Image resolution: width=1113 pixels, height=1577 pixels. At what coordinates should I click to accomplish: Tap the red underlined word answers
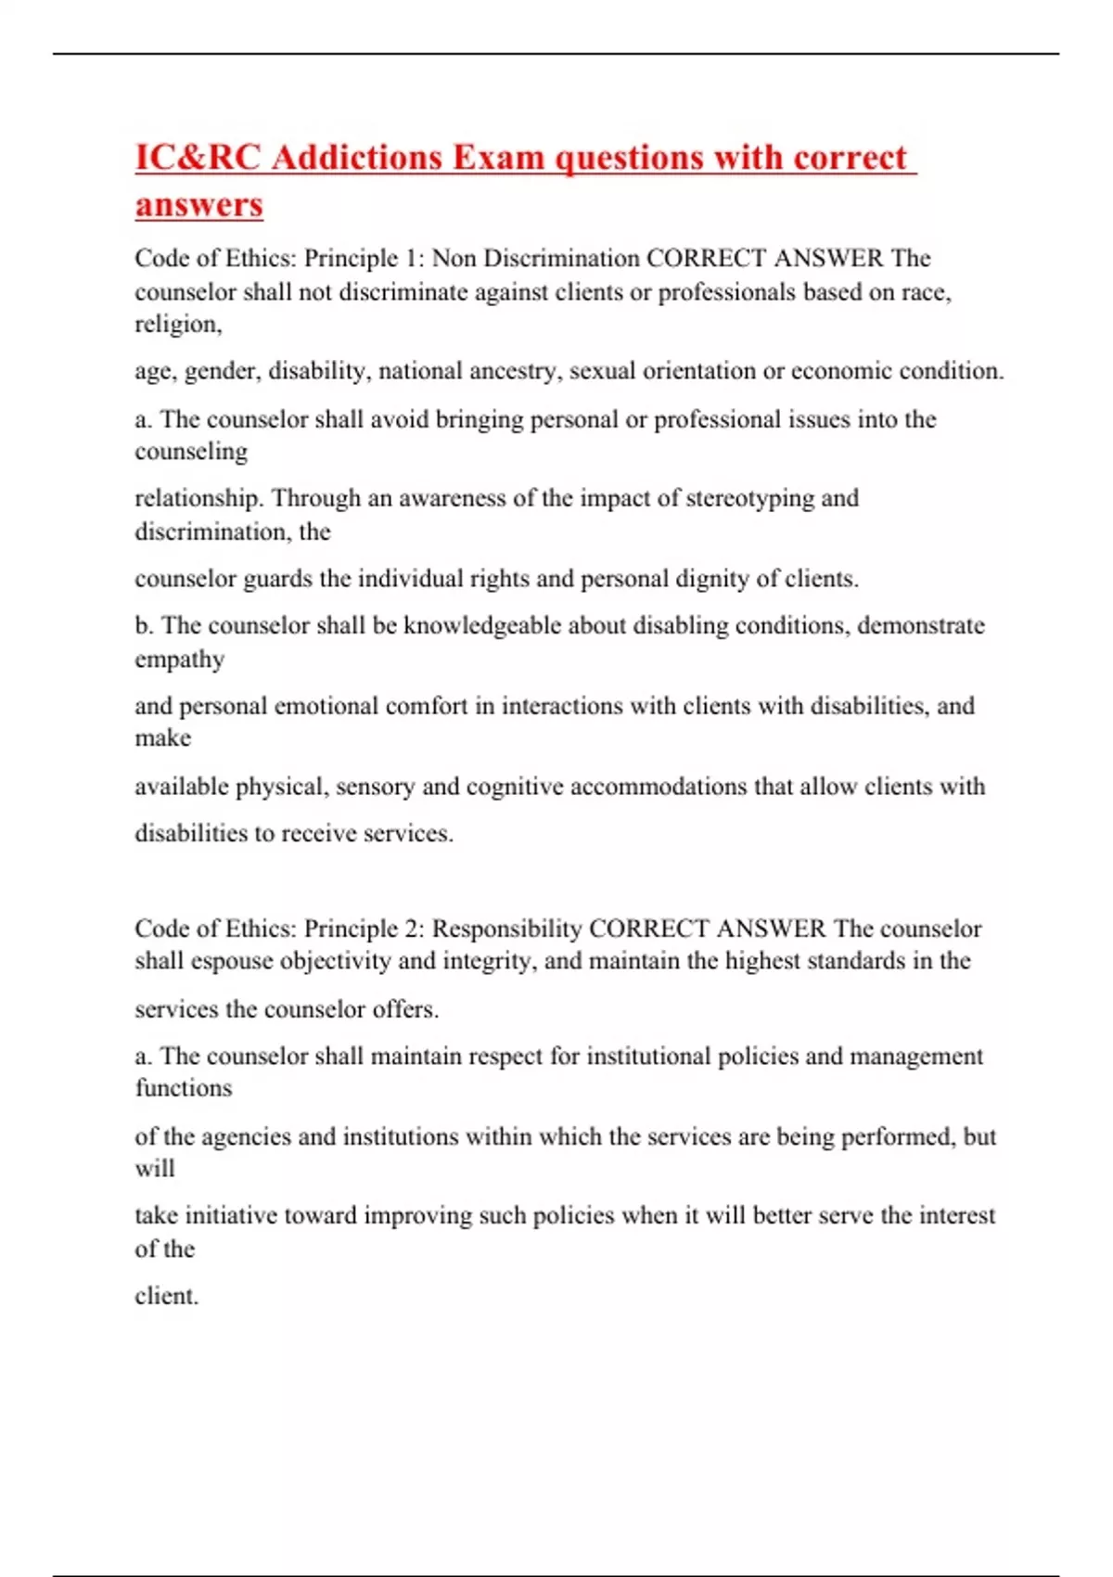tap(198, 204)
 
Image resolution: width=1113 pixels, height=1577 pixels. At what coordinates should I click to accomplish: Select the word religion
tap(177, 325)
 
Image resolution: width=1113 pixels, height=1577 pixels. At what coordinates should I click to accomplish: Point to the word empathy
tap(179, 660)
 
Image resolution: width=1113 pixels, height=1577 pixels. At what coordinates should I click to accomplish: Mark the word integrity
tap(489, 961)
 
